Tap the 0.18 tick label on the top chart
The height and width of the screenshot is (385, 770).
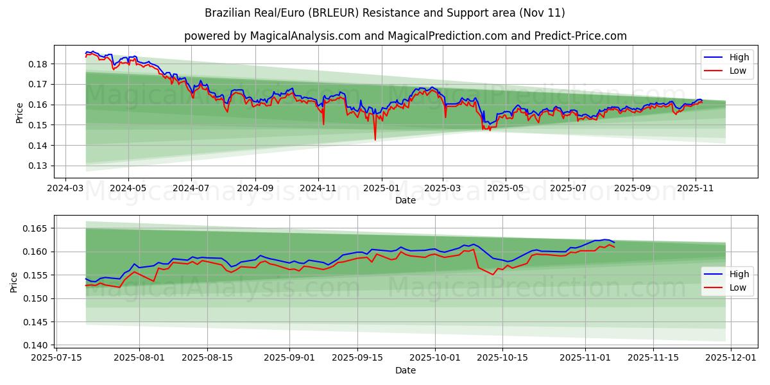coord(38,64)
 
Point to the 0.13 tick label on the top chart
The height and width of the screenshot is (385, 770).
coord(38,166)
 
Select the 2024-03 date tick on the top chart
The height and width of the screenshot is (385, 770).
coord(65,189)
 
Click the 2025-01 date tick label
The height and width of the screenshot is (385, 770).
coord(382,189)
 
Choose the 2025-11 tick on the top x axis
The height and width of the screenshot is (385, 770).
coord(696,189)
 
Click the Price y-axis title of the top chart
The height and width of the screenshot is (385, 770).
coord(20,113)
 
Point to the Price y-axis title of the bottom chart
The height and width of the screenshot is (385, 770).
coord(14,282)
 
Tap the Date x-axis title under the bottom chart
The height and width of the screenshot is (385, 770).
coord(405,370)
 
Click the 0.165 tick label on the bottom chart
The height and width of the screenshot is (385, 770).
coord(35,228)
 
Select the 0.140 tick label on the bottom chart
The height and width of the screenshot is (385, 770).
coord(35,345)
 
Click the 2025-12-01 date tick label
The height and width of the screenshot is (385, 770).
coord(731,358)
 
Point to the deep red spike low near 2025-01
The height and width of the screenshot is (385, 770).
coord(375,139)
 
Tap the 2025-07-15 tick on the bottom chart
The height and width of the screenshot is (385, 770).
coord(56,358)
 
